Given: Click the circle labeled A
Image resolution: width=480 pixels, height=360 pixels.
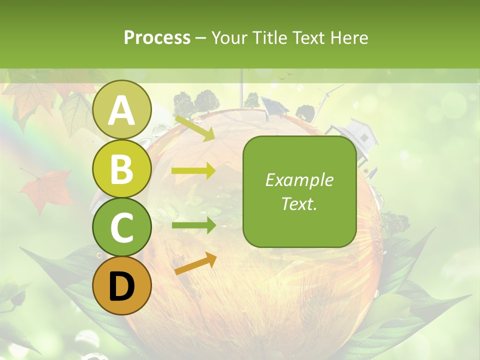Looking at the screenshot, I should tap(121, 109).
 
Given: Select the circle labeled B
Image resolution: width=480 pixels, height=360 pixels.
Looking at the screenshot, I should tap(121, 168).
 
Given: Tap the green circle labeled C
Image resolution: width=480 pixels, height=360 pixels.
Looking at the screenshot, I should tap(121, 227).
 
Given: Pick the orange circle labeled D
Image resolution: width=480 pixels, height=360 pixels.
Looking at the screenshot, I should tap(121, 285).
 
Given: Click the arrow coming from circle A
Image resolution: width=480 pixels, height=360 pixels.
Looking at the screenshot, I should tap(194, 128).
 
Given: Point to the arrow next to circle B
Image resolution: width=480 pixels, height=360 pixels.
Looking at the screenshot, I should tap(193, 171).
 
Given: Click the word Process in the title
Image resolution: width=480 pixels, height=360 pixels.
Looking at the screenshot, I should tap(157, 37).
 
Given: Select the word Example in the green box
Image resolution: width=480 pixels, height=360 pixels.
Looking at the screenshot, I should tap(299, 180).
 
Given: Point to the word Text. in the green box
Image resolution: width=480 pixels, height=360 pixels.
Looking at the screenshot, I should tap(299, 203).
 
